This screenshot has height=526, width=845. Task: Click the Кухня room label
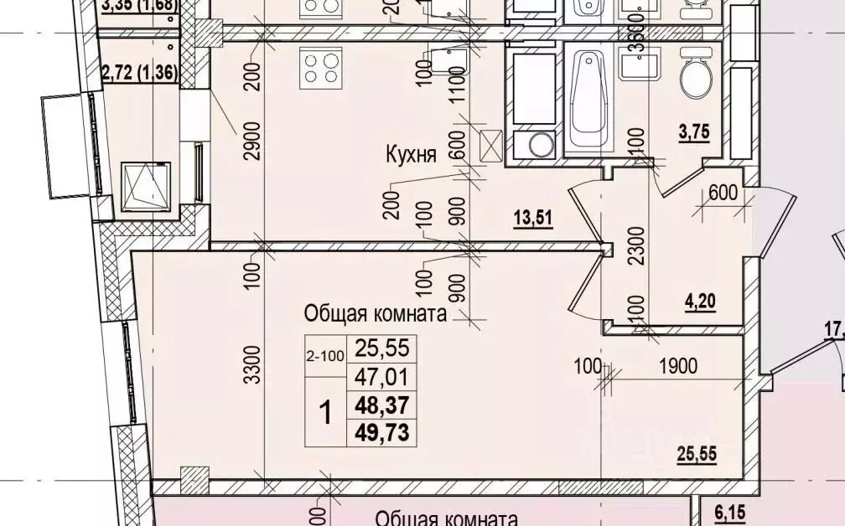[x=411, y=155]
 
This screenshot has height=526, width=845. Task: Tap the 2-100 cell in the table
[x=325, y=356]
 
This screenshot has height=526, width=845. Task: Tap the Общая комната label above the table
[x=373, y=314]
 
